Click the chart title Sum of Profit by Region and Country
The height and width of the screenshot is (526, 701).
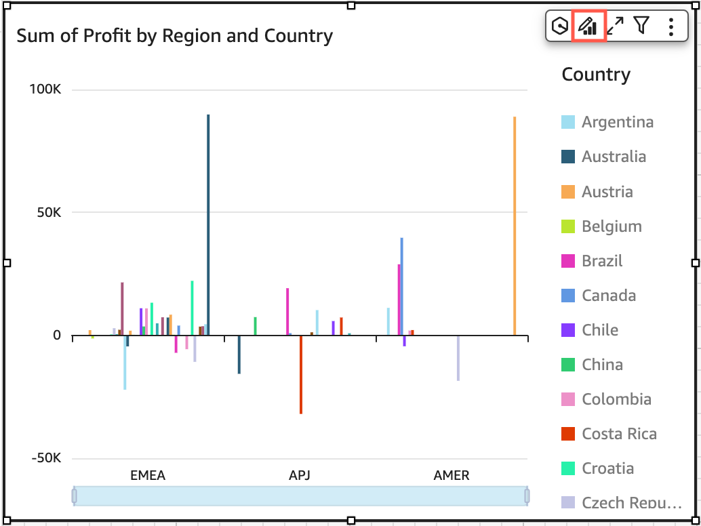click(174, 36)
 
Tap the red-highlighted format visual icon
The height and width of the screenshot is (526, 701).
click(587, 26)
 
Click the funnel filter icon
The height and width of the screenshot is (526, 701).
click(641, 26)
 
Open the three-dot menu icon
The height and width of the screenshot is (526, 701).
click(670, 26)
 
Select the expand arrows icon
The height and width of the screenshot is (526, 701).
click(615, 26)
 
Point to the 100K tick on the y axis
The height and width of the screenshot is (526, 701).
click(46, 89)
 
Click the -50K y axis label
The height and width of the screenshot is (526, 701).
click(46, 458)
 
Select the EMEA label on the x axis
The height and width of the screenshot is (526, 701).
click(148, 475)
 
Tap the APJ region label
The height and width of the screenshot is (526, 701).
click(299, 475)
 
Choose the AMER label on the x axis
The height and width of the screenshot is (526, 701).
click(451, 475)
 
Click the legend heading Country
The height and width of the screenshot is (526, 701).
click(596, 75)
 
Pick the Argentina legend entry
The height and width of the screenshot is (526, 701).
click(617, 122)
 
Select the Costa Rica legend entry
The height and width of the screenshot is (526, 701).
click(619, 434)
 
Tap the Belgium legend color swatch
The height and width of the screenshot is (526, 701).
click(568, 226)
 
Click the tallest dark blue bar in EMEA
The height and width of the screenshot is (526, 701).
click(208, 224)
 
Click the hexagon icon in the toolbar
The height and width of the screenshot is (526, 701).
click(560, 26)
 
